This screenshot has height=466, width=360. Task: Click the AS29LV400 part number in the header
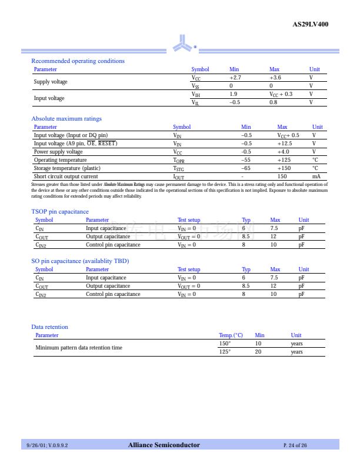(310, 25)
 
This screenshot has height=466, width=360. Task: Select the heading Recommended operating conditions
(78, 61)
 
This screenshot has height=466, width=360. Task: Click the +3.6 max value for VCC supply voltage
(275, 78)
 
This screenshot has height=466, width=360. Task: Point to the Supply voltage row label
(51, 82)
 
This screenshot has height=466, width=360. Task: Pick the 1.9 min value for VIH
(234, 94)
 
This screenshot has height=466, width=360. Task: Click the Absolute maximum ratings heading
(66, 119)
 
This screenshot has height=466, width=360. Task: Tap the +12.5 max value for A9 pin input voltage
(285, 144)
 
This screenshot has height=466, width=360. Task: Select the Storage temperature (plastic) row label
(67, 168)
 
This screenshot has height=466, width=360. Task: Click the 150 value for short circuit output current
(282, 177)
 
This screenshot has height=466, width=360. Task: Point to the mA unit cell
(316, 177)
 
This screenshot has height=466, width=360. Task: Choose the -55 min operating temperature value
(246, 160)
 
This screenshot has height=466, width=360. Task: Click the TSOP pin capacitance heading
(60, 212)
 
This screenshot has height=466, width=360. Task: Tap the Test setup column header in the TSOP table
(189, 220)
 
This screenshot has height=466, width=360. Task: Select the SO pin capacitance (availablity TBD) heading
(80, 261)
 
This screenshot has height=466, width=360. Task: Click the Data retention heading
(49, 327)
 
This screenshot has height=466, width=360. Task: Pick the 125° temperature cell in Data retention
(225, 352)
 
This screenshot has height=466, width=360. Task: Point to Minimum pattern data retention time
(79, 348)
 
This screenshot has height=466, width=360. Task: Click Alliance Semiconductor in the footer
(164, 445)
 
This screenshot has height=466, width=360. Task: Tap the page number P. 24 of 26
(295, 445)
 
